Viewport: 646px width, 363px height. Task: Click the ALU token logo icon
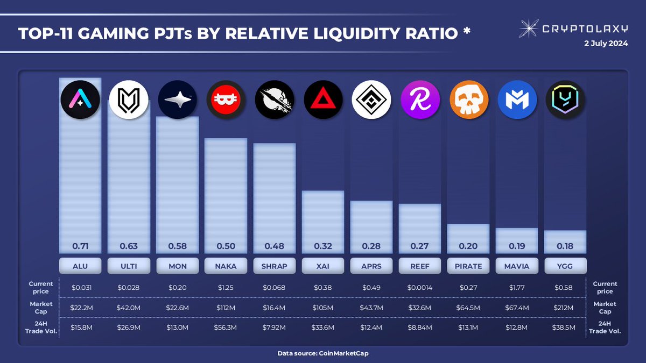(x=80, y=98)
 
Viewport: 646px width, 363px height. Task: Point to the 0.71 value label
(x=80, y=247)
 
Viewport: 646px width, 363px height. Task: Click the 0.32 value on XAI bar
(x=323, y=247)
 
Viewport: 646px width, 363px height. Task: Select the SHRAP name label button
(x=275, y=266)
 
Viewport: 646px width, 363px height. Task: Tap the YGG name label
(x=565, y=266)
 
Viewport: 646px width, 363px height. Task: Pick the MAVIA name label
(x=517, y=266)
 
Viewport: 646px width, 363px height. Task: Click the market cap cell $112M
(x=226, y=308)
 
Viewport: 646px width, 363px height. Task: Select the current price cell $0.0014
(x=420, y=288)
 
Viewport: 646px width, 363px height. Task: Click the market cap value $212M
(x=565, y=308)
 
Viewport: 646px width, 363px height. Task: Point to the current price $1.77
(x=517, y=288)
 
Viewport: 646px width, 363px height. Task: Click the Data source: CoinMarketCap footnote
(x=323, y=353)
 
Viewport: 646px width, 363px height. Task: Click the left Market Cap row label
(x=41, y=308)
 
